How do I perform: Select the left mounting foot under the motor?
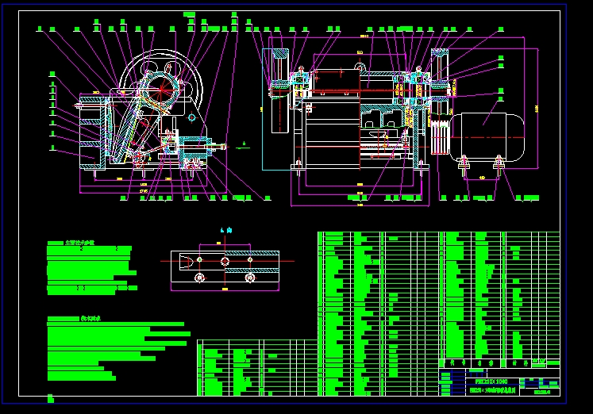click(463, 166)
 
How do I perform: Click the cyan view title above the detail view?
click(224, 231)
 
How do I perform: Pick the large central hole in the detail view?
click(225, 260)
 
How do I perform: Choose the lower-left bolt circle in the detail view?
click(198, 278)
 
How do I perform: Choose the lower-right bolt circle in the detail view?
click(250, 278)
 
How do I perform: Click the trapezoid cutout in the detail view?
click(183, 260)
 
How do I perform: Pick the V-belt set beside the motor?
click(440, 136)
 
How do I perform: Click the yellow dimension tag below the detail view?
click(224, 290)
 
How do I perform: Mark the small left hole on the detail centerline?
click(198, 260)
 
